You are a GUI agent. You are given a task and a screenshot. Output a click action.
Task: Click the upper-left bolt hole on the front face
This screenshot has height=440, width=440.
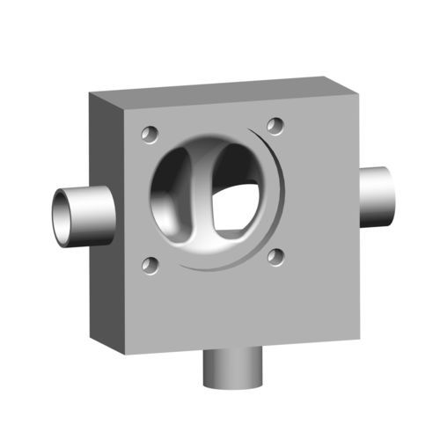(x=150, y=135)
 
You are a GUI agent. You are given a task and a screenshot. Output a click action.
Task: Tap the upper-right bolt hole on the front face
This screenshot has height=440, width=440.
(x=275, y=126)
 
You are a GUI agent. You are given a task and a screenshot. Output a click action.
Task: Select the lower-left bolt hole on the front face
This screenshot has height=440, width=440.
(x=150, y=264)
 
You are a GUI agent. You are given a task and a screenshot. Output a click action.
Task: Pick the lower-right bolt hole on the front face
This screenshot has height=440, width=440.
(x=275, y=257)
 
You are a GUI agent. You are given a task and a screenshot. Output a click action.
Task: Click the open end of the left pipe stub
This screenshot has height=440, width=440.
(x=61, y=217)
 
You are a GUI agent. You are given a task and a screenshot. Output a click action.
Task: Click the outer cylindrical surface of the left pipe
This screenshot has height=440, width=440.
(x=92, y=215)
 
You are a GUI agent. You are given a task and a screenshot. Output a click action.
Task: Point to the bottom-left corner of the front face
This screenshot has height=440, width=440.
(x=126, y=355)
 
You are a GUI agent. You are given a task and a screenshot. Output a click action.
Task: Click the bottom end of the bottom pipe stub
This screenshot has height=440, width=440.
(x=233, y=383)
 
